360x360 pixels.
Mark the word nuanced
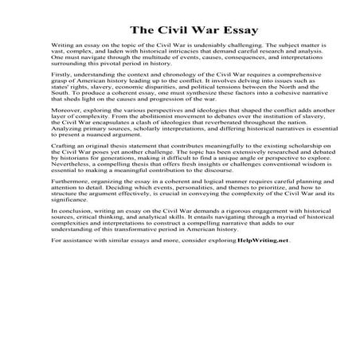(95, 155)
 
